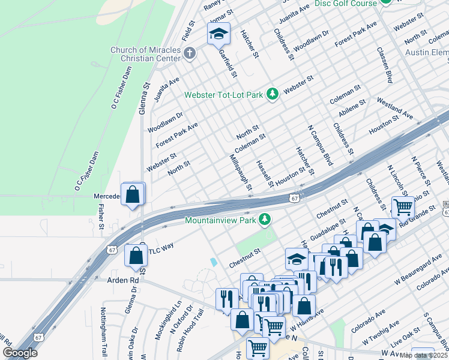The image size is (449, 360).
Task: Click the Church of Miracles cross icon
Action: [190, 53]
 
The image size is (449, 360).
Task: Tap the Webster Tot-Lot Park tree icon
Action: [273, 94]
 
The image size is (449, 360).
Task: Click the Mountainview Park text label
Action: [220, 220]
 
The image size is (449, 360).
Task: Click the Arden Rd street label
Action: [122, 280]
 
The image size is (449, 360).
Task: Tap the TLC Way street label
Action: [161, 247]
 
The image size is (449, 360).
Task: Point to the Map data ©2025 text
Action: [424, 355]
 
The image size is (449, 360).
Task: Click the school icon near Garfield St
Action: [218, 34]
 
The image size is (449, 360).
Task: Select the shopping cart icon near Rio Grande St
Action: [403, 207]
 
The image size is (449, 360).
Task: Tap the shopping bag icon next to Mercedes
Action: [133, 194]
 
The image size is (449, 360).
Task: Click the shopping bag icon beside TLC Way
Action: [136, 254]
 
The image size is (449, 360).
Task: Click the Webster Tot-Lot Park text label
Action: [224, 95]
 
